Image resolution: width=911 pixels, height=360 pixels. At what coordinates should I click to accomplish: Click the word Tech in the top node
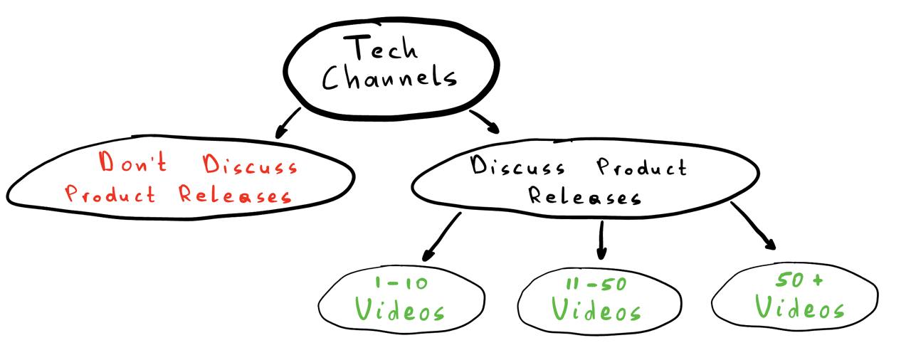381,49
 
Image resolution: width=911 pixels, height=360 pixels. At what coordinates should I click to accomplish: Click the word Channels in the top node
389,78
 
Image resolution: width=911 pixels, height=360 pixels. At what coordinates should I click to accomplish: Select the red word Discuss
251,166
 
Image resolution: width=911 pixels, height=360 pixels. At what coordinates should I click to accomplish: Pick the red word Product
110,194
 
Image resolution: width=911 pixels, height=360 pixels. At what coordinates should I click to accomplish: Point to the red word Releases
235,194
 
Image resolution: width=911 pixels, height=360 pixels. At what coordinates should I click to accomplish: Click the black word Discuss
518,167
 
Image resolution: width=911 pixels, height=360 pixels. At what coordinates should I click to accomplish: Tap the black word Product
641,168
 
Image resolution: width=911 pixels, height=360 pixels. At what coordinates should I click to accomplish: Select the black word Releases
584,196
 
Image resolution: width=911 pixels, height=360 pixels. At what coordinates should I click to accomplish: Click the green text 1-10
401,283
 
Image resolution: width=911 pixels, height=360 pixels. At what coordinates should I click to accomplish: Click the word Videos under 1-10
400,310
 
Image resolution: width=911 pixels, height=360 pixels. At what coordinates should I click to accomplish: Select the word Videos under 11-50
596,310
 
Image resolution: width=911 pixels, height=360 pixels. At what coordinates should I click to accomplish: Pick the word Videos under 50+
799,308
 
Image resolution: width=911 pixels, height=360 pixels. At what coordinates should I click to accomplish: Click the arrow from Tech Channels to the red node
288,122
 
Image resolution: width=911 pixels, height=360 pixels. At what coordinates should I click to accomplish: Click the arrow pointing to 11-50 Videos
601,240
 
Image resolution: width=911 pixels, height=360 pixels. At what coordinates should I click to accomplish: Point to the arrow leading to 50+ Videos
753,226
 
